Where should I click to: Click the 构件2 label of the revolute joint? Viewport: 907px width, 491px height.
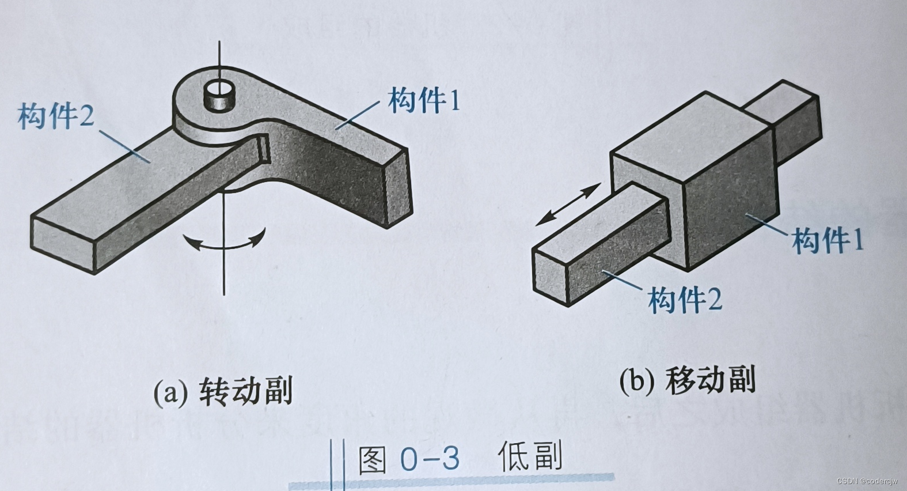click(56, 116)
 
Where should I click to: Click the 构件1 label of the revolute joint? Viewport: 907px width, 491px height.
click(425, 100)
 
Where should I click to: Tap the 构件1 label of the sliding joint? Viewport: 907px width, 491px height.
click(828, 239)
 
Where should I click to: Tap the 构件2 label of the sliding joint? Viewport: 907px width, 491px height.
click(685, 299)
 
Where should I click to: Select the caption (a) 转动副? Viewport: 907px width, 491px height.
click(223, 392)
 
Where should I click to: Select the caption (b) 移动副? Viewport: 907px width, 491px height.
click(687, 381)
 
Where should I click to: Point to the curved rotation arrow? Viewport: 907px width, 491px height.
click(224, 243)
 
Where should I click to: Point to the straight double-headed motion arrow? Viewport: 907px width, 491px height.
click(567, 205)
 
